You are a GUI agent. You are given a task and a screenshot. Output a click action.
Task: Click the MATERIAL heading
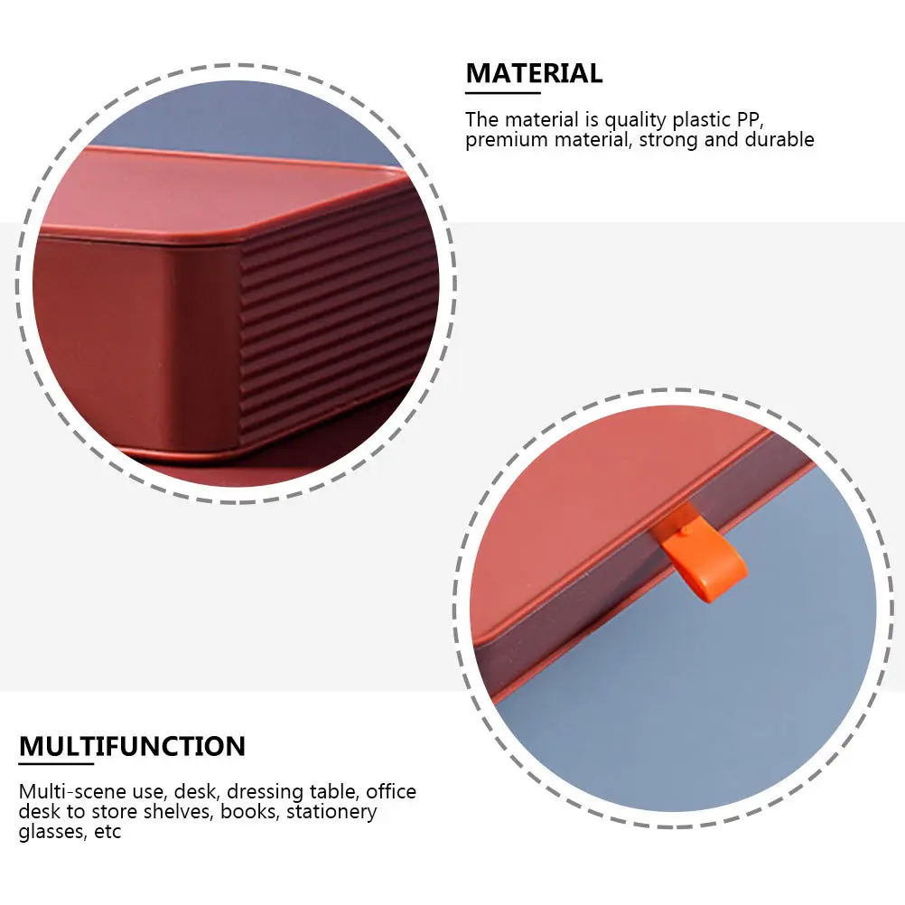pos(534,73)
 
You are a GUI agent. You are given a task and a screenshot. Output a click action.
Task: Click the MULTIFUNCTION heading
pos(132,747)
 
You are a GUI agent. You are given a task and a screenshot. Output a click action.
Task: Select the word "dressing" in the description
pos(263,792)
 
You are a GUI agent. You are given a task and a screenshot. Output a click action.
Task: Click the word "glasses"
pos(52,832)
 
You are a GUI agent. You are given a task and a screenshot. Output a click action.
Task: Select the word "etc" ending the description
pos(108,832)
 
